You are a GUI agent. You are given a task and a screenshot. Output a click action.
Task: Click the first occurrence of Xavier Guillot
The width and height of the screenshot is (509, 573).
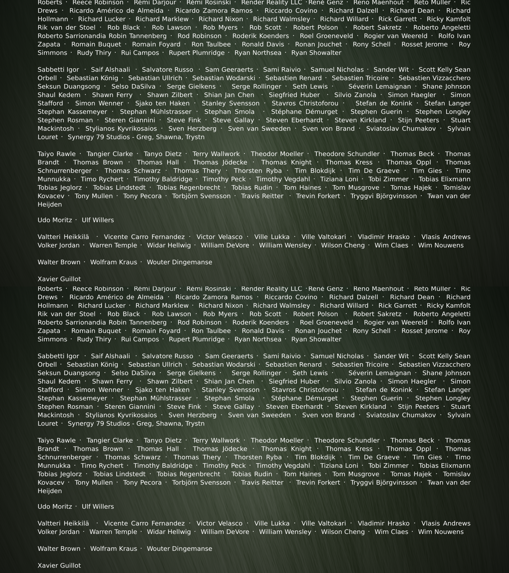[59, 279]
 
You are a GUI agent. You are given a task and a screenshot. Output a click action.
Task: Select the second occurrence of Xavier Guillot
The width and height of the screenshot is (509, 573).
[59, 565]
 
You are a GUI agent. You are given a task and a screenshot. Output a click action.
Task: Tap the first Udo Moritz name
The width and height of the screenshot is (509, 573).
[55, 220]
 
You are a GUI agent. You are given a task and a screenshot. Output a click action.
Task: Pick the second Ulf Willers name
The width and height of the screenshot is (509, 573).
[98, 507]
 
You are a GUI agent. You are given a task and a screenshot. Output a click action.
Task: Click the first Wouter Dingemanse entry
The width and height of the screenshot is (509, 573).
[180, 262]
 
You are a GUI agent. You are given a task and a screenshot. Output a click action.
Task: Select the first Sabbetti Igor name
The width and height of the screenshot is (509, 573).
[58, 70]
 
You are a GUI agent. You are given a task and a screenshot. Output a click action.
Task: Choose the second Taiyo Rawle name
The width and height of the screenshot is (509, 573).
[57, 440]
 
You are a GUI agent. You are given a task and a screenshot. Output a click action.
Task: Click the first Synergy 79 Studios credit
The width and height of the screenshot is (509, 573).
[136, 137]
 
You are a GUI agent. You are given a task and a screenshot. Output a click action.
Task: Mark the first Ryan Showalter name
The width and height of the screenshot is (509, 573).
[316, 53]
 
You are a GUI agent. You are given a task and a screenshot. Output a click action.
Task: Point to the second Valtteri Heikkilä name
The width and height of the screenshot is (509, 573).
[63, 523]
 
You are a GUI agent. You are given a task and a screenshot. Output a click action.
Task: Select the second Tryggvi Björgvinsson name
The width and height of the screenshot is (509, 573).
[384, 482]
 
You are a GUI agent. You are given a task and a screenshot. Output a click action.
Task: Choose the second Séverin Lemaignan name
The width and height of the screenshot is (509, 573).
[380, 373]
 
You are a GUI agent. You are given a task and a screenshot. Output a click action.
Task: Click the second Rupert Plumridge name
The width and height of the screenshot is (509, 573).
[197, 339]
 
